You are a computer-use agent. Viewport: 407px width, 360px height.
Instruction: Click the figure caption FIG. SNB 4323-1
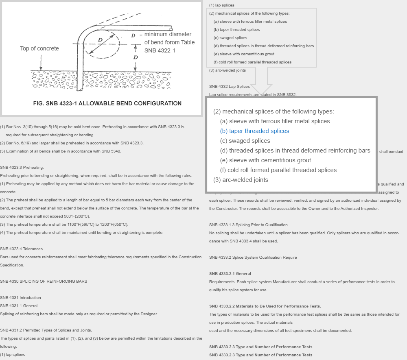point(107,103)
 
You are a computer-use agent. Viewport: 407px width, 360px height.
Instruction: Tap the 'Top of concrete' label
point(39,48)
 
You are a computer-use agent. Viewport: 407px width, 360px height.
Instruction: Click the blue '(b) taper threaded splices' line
point(255,131)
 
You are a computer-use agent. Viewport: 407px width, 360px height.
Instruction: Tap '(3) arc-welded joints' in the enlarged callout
point(241,180)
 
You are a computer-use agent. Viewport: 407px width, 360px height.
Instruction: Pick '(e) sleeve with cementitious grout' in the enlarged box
point(265,160)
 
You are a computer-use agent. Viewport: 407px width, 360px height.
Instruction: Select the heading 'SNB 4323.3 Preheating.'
point(22,168)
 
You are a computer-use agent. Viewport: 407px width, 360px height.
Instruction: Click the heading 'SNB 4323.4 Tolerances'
point(22,249)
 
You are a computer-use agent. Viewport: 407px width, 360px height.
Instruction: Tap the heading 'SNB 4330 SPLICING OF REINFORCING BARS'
point(44,281)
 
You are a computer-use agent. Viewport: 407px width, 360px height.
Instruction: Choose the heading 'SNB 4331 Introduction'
point(21,298)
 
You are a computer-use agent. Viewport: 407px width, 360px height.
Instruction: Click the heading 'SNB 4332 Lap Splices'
point(230,87)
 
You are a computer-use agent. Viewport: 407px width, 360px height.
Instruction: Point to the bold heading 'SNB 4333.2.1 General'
point(230,274)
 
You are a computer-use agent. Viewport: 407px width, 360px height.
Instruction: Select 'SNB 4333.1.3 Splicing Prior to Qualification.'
point(249,225)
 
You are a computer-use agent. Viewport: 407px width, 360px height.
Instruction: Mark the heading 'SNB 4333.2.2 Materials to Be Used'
point(265,306)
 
